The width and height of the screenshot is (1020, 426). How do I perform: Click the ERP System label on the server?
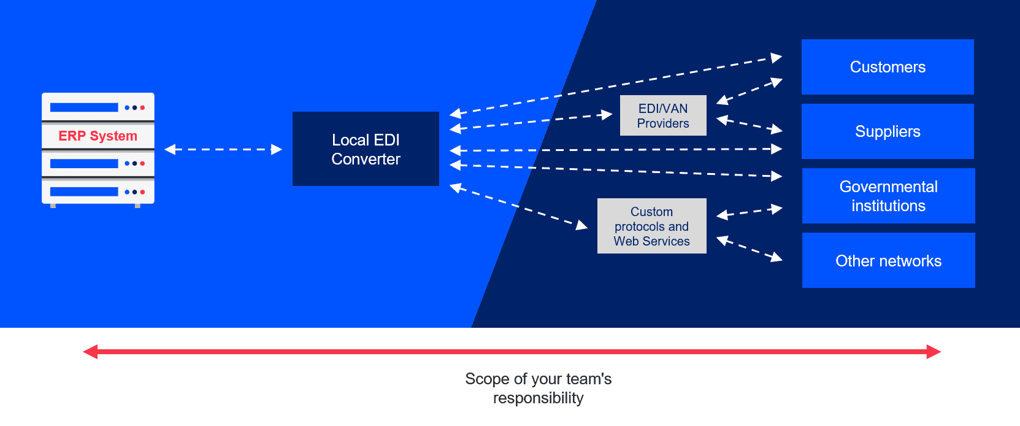(98, 136)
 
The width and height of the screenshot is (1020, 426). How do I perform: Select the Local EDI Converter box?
(366, 149)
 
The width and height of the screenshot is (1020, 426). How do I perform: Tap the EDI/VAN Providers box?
(663, 115)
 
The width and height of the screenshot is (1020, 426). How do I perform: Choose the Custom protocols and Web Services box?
(651, 226)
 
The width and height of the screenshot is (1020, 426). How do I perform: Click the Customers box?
(888, 67)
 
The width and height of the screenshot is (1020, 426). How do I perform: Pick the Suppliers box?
(888, 131)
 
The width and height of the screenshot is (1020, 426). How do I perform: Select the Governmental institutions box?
(888, 196)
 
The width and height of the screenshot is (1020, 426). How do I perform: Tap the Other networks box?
(888, 260)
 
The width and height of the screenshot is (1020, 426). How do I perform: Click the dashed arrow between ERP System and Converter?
(223, 149)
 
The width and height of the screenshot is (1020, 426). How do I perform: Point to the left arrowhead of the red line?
(90, 352)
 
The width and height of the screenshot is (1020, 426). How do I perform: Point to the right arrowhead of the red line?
(934, 352)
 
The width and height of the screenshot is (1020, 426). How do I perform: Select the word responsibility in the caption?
(539, 398)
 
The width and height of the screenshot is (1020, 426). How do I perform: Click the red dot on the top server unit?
(142, 107)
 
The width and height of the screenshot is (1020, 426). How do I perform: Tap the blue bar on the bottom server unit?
(84, 192)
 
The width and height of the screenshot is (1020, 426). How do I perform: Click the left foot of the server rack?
(53, 206)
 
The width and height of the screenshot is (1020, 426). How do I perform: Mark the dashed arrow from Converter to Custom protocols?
(518, 206)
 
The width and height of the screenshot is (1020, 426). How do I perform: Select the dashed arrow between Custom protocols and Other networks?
(750, 249)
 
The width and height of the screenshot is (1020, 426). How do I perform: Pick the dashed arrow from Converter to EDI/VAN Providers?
(531, 122)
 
